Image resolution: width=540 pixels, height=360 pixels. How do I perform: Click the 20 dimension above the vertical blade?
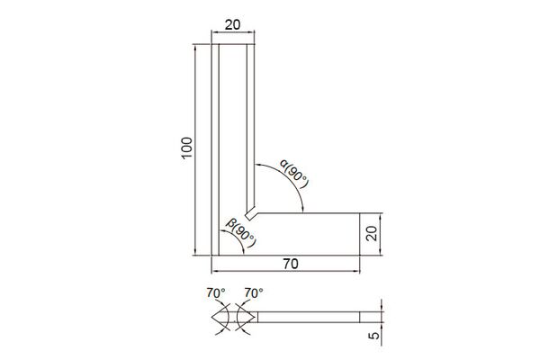[x=233, y=25]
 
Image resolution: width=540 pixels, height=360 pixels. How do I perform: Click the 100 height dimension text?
[x=186, y=148]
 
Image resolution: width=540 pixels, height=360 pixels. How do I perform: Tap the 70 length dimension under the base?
[x=291, y=264]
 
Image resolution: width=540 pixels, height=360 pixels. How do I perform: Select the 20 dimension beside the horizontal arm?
[x=372, y=234]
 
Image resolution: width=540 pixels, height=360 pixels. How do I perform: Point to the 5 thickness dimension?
[x=374, y=335]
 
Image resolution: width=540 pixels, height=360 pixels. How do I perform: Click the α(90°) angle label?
[x=293, y=174]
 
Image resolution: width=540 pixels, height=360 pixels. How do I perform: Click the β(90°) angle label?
[x=241, y=233]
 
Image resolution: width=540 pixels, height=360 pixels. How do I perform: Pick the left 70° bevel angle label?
[x=216, y=293]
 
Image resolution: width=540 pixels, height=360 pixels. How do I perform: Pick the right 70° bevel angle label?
[x=254, y=293]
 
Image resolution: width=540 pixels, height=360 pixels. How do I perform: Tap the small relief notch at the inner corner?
[x=250, y=213]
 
